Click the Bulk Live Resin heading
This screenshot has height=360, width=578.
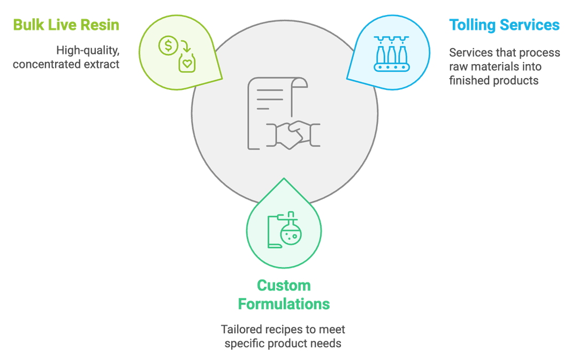(x=66, y=25)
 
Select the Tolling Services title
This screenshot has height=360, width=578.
(x=504, y=25)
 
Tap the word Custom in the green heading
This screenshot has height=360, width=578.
(x=284, y=286)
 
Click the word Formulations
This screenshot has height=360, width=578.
(x=284, y=304)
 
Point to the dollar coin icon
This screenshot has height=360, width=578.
(x=168, y=45)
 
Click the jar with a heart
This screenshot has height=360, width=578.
(x=187, y=63)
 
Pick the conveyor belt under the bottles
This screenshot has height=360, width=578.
(x=391, y=67)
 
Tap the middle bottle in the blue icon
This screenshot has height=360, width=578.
(x=391, y=54)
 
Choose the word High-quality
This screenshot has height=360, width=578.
(x=88, y=50)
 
